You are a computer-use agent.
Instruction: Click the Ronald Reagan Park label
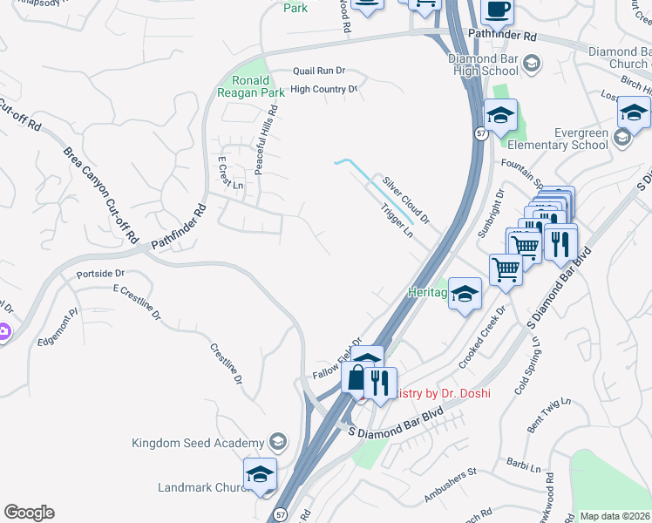pyautogui.click(x=250, y=86)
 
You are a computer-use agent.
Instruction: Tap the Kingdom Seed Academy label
pyautogui.click(x=197, y=443)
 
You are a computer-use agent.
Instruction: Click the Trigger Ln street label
pyautogui.click(x=396, y=221)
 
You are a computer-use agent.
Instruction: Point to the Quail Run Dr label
pyautogui.click(x=320, y=71)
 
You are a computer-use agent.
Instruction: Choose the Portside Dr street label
pyautogui.click(x=96, y=274)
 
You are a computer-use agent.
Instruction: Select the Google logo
pyautogui.click(x=29, y=513)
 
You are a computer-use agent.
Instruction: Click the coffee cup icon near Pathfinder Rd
pyautogui.click(x=497, y=10)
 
